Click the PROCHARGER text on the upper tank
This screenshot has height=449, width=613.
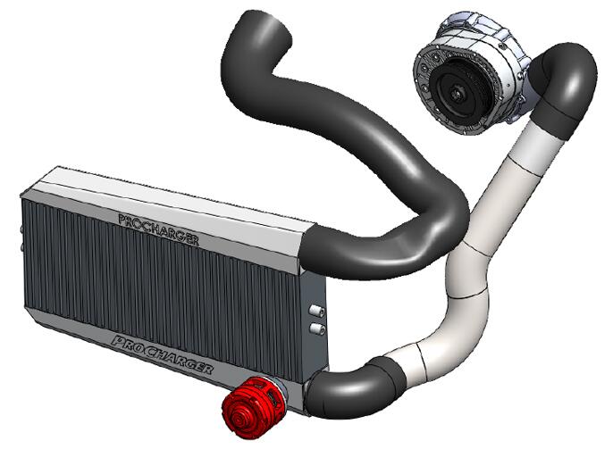[159, 230]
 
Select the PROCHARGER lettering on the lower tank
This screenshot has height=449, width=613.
[163, 354]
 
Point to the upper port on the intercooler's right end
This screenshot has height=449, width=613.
[316, 312]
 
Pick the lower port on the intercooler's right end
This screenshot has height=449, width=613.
[317, 328]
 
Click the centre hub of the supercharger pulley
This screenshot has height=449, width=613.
[456, 93]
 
